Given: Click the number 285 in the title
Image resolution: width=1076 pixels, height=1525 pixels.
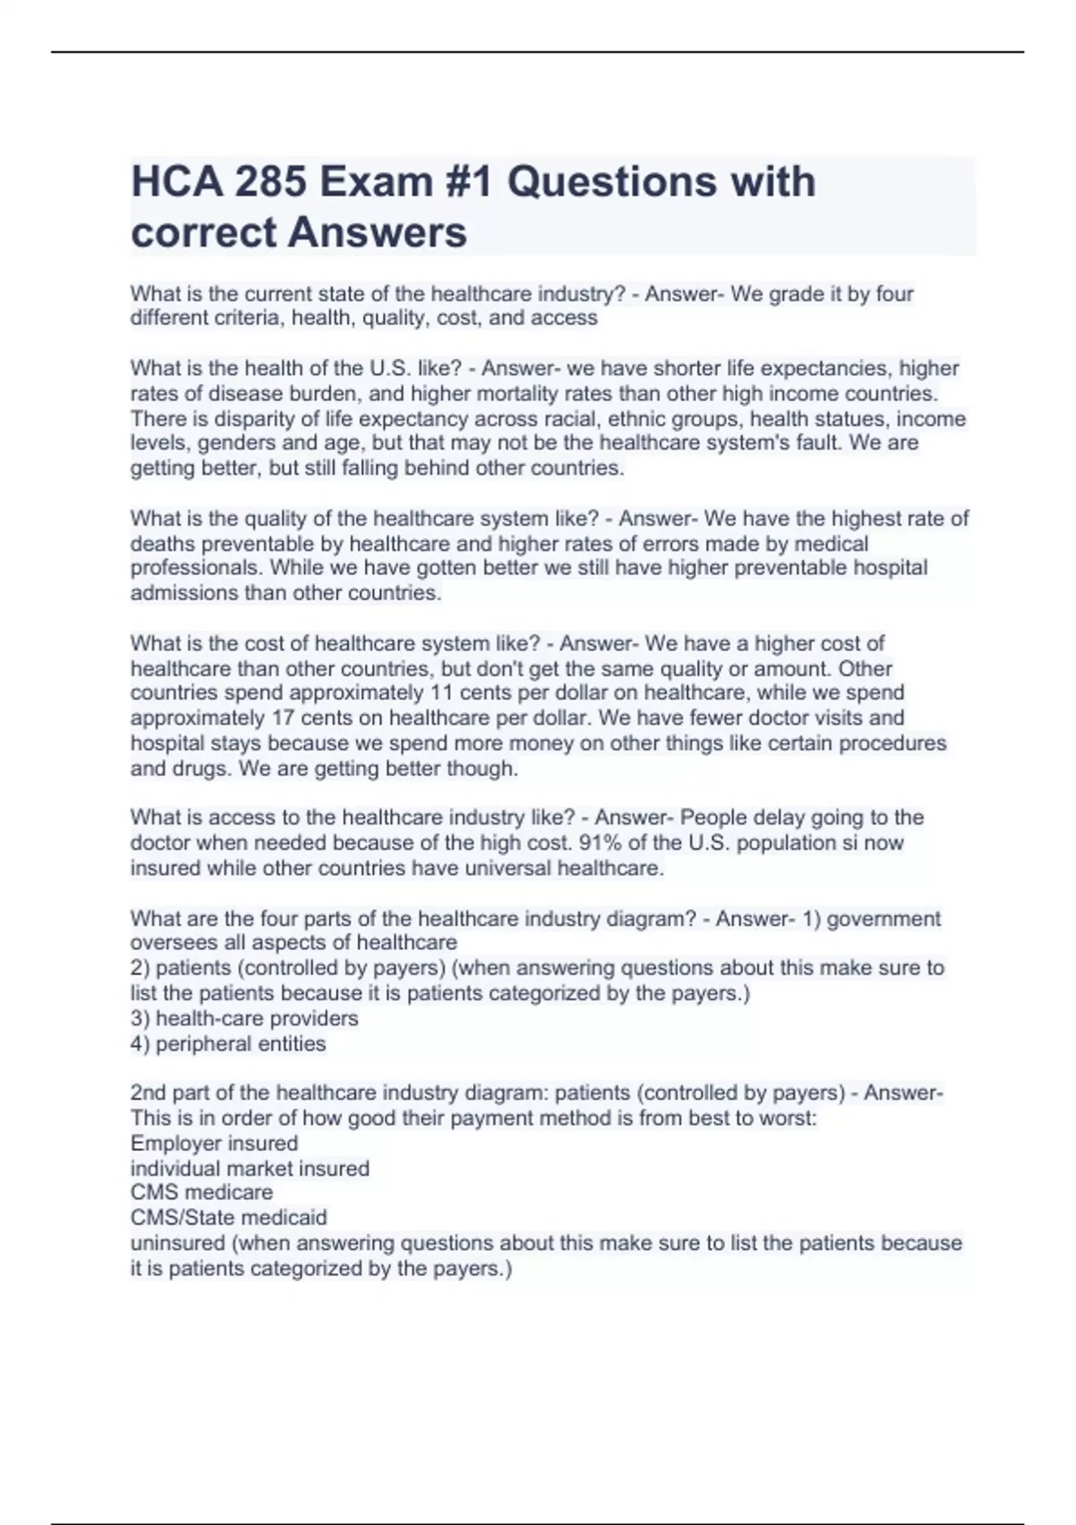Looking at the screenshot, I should (266, 182).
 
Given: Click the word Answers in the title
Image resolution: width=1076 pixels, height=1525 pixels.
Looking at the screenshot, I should (377, 232).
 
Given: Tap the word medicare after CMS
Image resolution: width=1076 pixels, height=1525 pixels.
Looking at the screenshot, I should (230, 1192).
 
